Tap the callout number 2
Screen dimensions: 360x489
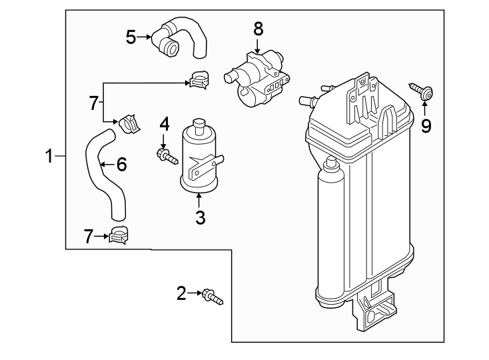tap(181, 292)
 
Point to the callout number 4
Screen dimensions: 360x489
tap(164, 125)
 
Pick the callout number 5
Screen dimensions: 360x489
tap(131, 37)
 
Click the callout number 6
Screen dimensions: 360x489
tap(121, 164)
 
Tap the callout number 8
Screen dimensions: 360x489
tap(258, 29)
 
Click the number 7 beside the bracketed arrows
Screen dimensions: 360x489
tap(94, 103)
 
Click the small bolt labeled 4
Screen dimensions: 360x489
tap(167, 157)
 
